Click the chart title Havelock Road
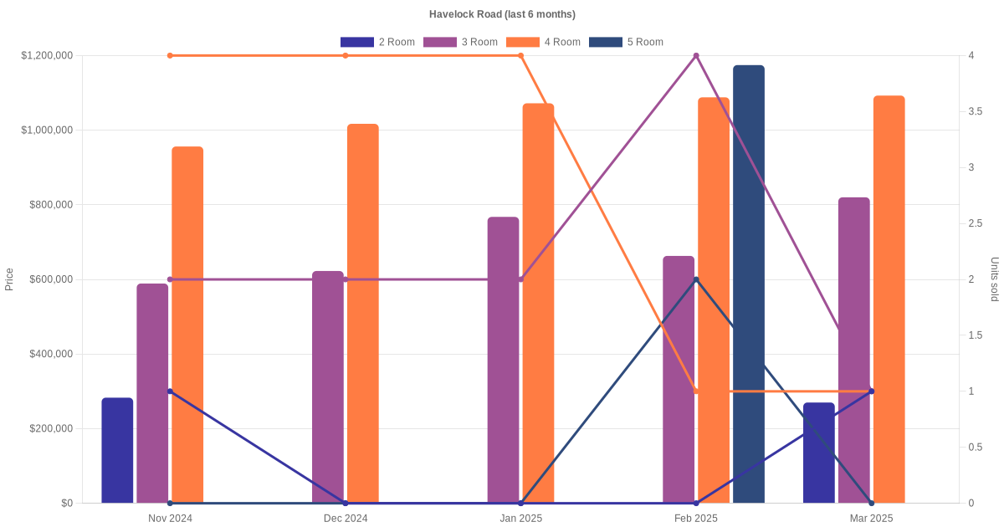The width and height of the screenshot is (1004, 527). coord(502,14)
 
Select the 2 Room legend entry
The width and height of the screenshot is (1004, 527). coord(377,42)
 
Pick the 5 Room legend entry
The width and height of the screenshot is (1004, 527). coord(626,42)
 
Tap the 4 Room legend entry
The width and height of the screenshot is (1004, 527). coord(543,42)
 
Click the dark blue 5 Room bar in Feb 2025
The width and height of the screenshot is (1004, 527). coord(749,284)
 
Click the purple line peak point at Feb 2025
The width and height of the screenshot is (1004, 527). coord(696,56)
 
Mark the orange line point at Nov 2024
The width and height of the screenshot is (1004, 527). coord(170,56)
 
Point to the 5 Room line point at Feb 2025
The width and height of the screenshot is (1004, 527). coord(696,279)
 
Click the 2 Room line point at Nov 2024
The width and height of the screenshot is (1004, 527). coord(170,391)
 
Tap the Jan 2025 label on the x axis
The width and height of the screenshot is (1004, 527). coord(520,519)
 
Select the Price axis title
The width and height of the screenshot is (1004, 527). coord(9,279)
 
